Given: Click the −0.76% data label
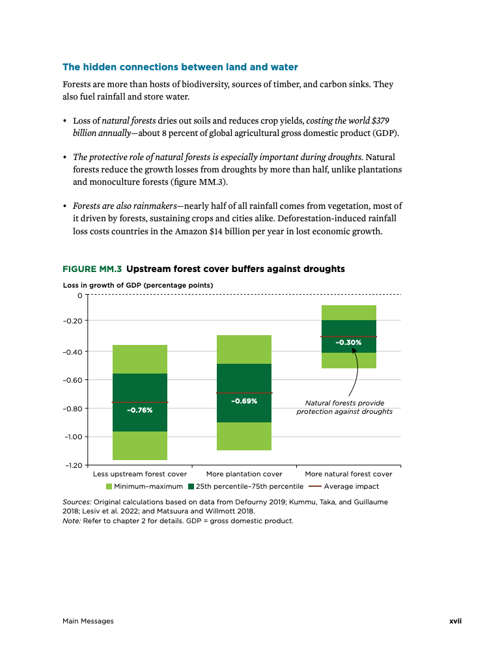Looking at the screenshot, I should [x=139, y=411].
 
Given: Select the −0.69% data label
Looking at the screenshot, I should [x=244, y=401].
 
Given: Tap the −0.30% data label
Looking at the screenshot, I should [x=348, y=342].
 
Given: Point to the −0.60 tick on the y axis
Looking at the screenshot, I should [x=73, y=380].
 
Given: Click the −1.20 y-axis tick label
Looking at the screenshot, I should [x=73, y=465].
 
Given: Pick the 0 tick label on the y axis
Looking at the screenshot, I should [x=80, y=295].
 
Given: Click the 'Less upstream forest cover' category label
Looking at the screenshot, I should [x=140, y=474].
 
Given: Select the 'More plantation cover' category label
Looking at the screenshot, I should [x=244, y=474].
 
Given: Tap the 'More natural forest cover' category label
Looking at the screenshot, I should [x=348, y=474].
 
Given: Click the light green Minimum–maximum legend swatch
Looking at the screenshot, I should [x=109, y=486].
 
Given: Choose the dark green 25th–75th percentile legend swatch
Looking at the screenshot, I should [x=191, y=486].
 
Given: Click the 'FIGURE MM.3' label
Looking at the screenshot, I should [x=92, y=269].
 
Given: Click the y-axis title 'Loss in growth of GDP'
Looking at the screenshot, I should [x=137, y=285].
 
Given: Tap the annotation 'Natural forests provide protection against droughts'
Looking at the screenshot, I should [x=344, y=407].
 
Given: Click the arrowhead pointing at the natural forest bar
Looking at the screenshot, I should [x=354, y=350].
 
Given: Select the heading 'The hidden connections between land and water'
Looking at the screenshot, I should [x=180, y=67].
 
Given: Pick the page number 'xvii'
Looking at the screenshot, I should [x=455, y=621].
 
